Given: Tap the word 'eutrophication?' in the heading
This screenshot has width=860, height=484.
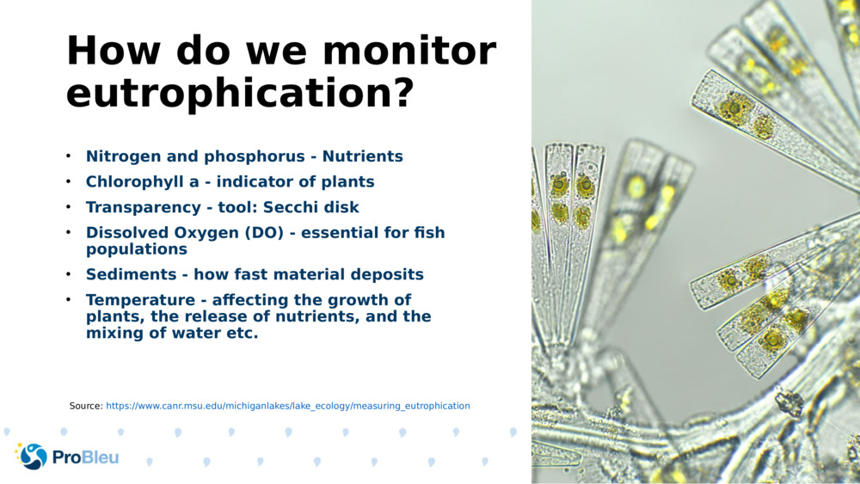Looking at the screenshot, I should [239, 93].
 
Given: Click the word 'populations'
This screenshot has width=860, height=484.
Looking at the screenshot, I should [136, 249].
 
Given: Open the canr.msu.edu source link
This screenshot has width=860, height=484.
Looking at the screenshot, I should [287, 406].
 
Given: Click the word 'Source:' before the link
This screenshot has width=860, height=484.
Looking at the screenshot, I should [86, 406].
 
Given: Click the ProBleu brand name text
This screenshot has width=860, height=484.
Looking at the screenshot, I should [85, 457].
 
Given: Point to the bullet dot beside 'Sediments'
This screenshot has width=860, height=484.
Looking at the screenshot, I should [68, 275].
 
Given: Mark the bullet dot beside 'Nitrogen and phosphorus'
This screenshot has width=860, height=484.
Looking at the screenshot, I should [68, 156].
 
